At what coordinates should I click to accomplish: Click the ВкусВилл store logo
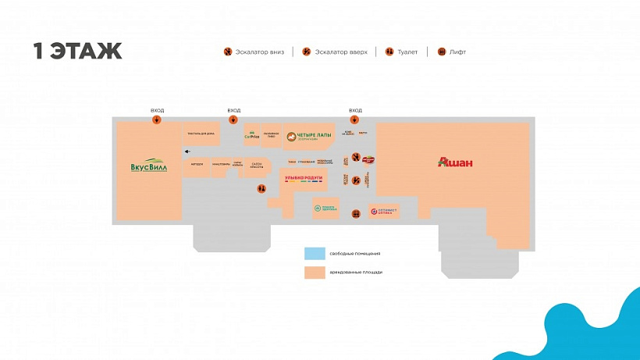148,166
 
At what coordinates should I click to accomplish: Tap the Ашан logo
456,162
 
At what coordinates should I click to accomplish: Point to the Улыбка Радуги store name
304,179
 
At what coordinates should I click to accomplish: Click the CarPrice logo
251,135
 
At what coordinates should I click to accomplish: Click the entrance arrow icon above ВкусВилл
158,120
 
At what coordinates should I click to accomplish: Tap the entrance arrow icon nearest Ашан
355,120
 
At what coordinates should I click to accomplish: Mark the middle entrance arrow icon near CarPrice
233,120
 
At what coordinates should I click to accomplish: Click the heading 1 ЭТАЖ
77,52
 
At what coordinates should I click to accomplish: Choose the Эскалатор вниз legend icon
227,52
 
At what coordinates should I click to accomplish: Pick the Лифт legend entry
452,52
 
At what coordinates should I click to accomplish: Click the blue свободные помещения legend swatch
315,254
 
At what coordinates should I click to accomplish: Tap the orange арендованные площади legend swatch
315,273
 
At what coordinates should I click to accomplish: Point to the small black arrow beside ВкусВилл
187,151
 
